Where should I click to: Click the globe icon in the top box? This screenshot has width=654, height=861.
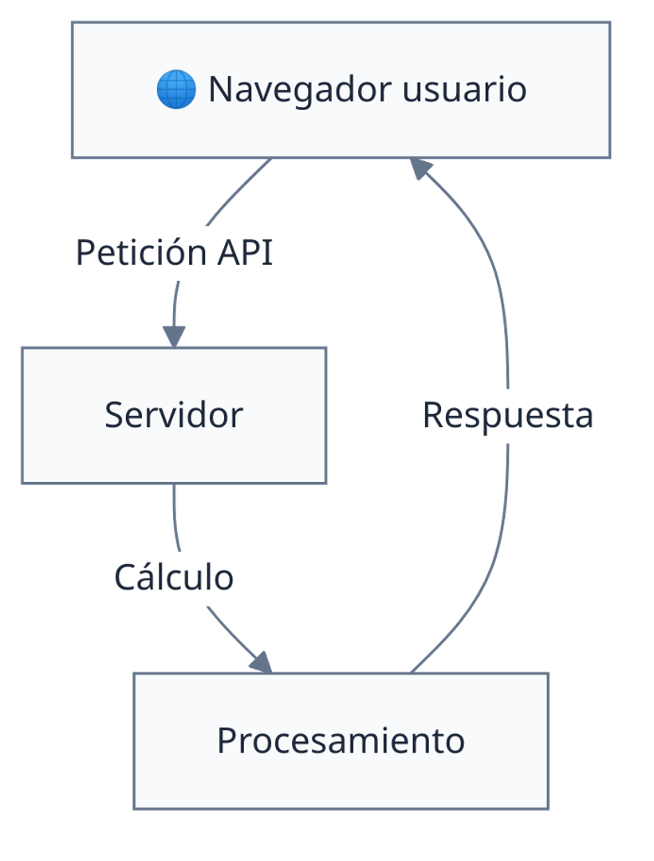[176, 89]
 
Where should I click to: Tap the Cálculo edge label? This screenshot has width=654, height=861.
[174, 578]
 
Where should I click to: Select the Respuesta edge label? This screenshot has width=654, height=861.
[508, 416]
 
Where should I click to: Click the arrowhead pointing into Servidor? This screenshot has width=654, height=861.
[174, 335]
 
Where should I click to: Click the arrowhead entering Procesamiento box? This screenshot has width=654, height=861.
[262, 662]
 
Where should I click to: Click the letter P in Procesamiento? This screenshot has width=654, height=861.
[226, 741]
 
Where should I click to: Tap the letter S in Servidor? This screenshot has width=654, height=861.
[113, 415]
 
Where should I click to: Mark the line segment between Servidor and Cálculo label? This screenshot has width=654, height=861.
[175, 519]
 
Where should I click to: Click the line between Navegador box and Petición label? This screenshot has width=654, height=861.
[239, 192]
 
